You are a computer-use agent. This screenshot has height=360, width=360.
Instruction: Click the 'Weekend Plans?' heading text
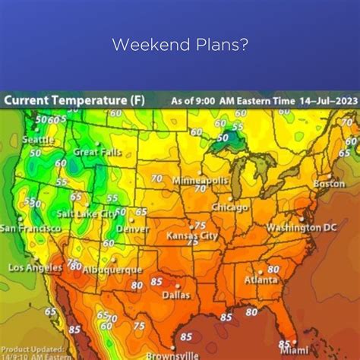(179, 45)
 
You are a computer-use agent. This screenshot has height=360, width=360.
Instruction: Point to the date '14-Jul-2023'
(318, 99)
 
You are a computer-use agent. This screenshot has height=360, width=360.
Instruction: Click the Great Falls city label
(96, 152)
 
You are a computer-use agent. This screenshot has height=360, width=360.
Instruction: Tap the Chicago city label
(229, 207)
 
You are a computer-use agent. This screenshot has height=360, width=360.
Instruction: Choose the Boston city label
(329, 183)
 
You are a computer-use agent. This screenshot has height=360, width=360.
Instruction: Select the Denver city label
(132, 228)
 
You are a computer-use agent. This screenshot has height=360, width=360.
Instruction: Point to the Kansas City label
(192, 236)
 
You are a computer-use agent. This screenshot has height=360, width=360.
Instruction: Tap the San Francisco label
(30, 228)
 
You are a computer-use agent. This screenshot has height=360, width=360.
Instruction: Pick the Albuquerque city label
(112, 270)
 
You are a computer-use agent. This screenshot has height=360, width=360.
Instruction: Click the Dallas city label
(175, 295)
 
